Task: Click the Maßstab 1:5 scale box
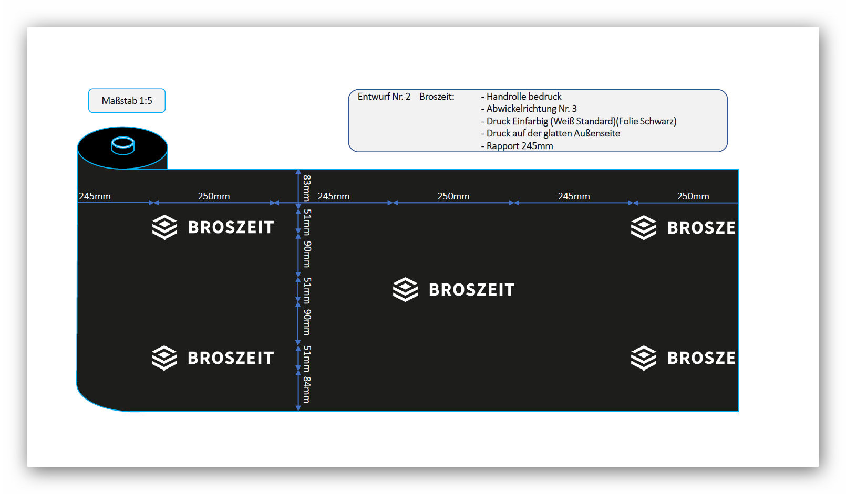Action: click(x=127, y=101)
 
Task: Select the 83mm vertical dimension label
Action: click(x=307, y=188)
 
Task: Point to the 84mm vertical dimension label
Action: click(x=307, y=390)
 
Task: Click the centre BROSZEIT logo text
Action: click(x=472, y=290)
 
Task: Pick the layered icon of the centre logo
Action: click(x=405, y=289)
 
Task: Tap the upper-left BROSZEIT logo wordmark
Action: click(x=231, y=227)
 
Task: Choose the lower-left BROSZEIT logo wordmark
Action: click(x=231, y=358)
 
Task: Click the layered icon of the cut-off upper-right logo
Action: click(x=644, y=227)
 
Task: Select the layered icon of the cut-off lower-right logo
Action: click(x=644, y=358)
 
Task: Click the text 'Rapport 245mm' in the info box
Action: click(x=520, y=146)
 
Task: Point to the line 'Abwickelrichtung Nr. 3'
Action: click(x=532, y=109)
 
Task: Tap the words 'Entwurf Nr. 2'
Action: click(x=384, y=97)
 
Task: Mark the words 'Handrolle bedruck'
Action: click(x=524, y=97)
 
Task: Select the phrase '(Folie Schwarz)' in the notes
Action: click(x=646, y=121)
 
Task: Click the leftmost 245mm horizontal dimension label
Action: click(x=95, y=196)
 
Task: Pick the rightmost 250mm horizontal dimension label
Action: click(x=693, y=196)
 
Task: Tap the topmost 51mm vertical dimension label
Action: click(x=307, y=222)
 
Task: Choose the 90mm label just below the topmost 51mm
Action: click(x=307, y=255)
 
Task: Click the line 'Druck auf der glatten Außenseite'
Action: click(x=553, y=133)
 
